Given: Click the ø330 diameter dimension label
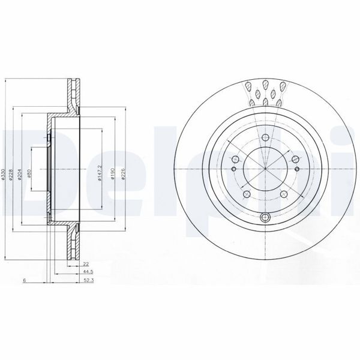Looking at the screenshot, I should [x=4, y=174].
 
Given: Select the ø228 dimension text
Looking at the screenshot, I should [x=12, y=174].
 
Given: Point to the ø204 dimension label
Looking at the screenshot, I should [x=20, y=174].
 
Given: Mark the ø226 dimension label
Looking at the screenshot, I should [x=124, y=174].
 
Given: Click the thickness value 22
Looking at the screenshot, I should [x=86, y=264].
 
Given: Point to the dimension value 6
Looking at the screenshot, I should [x=23, y=280].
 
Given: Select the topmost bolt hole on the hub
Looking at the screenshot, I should [x=265, y=136].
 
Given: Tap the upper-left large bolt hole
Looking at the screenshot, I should [x=235, y=158].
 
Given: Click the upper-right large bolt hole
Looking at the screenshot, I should [x=296, y=158].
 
